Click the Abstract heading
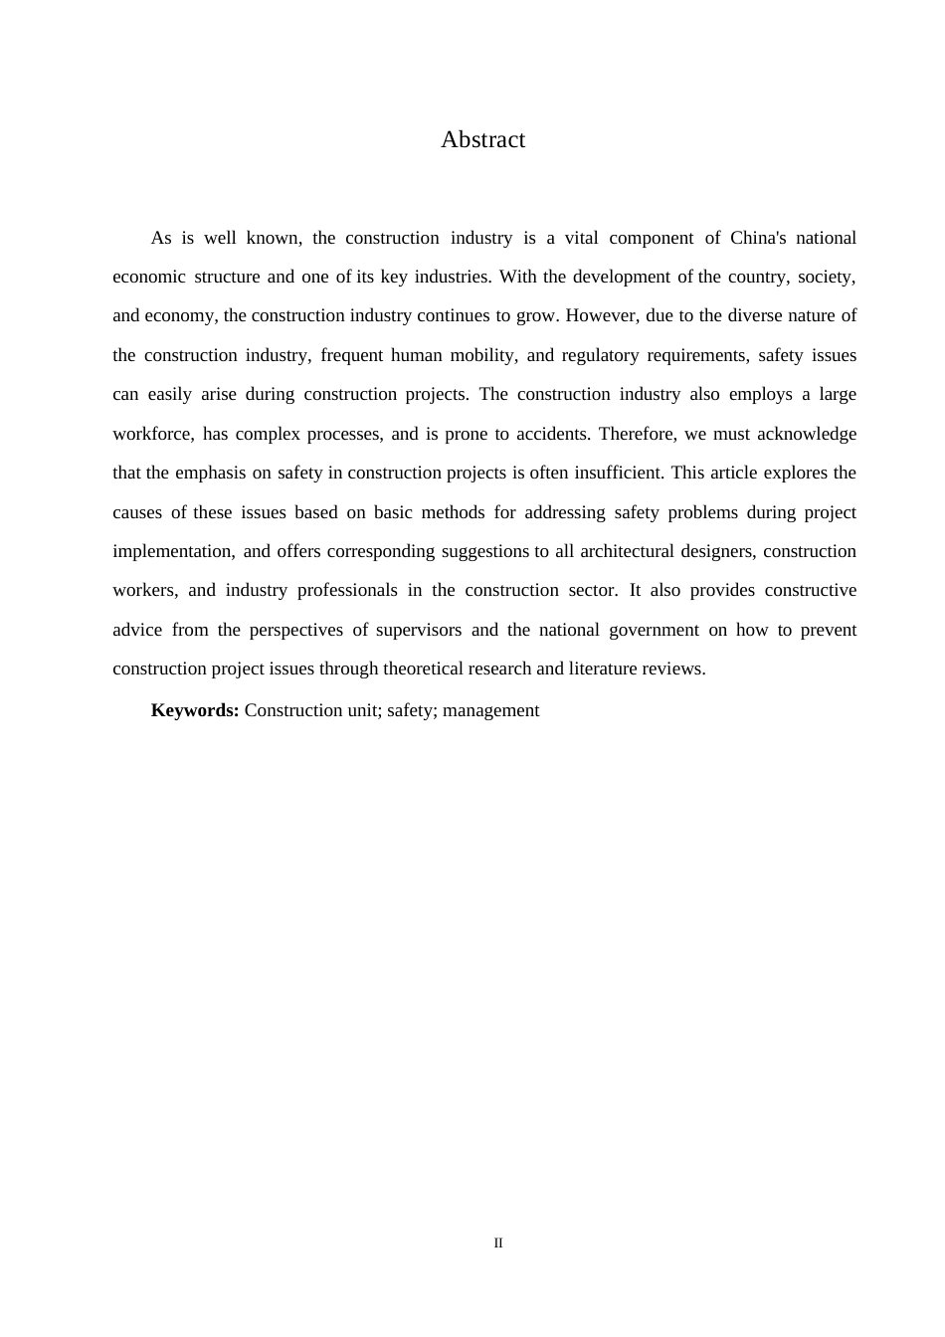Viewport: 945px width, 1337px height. pos(482,140)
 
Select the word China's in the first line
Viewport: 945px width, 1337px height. pos(758,238)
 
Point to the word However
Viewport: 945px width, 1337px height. pos(601,316)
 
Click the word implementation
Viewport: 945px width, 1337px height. pos(172,551)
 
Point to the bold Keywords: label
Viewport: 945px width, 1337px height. pos(195,710)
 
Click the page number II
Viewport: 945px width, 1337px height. pos(498,1243)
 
